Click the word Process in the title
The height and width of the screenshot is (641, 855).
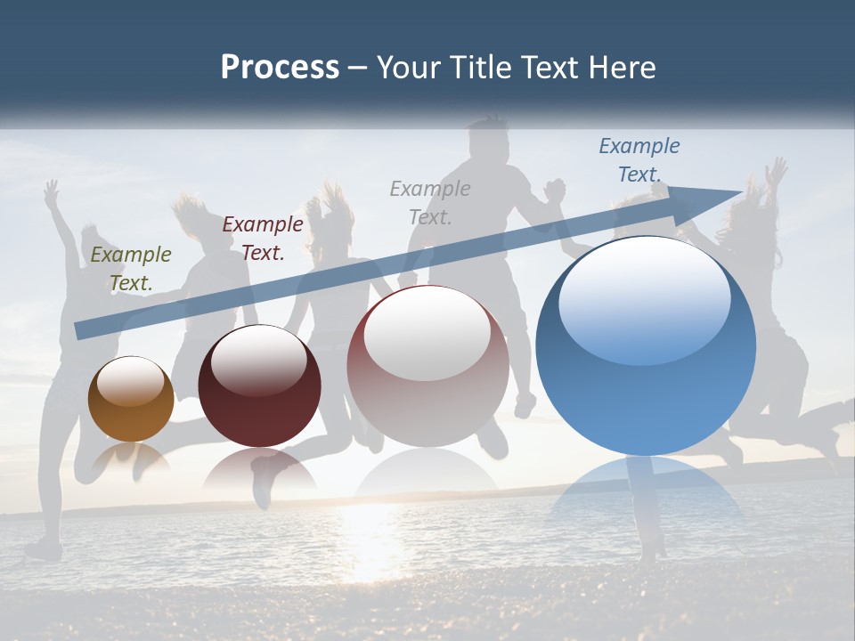pos(280,67)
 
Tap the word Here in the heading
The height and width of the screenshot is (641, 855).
pos(621,67)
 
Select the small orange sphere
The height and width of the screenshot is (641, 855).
pos(131,400)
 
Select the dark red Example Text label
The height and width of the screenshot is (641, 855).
pos(263,239)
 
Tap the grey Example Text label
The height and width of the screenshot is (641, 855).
pos(430,202)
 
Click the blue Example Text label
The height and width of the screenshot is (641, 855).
pos(639,160)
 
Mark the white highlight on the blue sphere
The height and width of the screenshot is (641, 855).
pos(644,298)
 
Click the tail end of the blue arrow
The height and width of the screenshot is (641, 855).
pos(82,330)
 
